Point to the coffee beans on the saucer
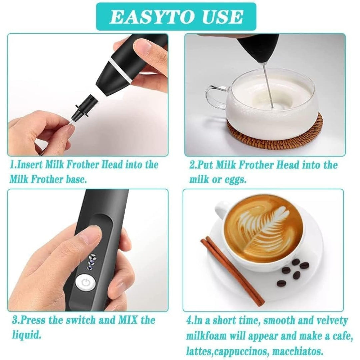tap(293, 272)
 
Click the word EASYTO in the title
tap(150, 17)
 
